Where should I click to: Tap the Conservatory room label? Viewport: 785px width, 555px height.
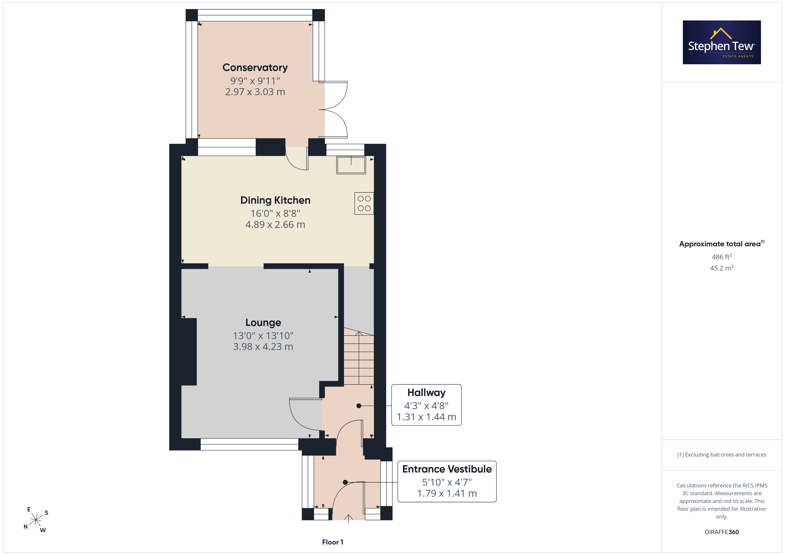point(255,68)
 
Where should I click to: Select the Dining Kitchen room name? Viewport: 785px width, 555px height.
point(275,200)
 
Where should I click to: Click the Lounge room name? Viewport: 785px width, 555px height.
point(263,323)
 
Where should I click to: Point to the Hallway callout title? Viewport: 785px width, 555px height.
point(426,393)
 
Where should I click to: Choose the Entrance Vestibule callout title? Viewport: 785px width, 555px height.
point(447,469)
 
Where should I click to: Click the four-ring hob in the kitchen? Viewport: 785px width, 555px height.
point(364,203)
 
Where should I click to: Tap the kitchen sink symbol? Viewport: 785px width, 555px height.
point(351,165)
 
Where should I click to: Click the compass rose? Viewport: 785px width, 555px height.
point(36,520)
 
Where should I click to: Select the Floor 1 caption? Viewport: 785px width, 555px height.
point(333,542)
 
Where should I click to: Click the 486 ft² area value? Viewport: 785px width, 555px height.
point(722,257)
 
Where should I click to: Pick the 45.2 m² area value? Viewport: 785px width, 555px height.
point(722,268)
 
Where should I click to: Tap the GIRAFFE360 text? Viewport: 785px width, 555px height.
point(722,532)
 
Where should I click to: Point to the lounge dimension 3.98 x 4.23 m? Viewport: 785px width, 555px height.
point(263,346)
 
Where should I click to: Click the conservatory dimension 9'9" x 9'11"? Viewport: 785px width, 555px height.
point(255,81)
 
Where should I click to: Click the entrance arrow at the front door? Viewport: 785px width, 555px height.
point(348,519)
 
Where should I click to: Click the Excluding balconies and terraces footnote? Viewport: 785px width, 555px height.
point(722,454)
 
